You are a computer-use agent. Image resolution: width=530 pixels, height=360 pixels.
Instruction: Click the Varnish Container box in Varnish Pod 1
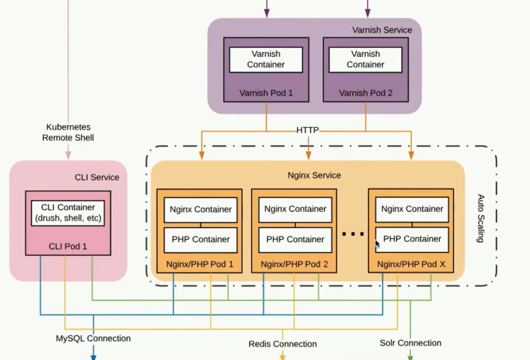(x=266, y=60)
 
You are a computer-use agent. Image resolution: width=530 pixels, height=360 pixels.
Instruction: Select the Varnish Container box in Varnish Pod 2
(x=365, y=60)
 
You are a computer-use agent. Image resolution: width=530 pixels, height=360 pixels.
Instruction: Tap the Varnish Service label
(x=382, y=30)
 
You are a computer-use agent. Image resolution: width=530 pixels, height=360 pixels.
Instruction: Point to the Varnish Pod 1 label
(x=266, y=93)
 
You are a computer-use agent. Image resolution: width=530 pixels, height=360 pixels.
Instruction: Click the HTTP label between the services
(x=307, y=130)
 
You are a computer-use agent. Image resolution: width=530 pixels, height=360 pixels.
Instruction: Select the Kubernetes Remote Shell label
(x=68, y=132)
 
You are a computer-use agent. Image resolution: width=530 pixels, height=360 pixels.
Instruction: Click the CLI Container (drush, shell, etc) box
(x=68, y=213)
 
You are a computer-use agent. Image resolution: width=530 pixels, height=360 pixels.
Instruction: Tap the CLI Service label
(x=97, y=177)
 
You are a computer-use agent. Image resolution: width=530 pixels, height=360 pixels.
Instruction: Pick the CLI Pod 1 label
(x=68, y=246)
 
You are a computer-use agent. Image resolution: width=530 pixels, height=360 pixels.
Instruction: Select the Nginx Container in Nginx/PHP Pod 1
(x=200, y=209)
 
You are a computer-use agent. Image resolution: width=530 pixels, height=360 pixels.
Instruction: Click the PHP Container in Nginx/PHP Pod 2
(x=295, y=239)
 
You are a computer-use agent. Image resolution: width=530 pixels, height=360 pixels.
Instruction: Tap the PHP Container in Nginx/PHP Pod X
(x=412, y=239)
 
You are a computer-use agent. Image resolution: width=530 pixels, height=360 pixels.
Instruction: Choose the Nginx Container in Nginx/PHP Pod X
(x=412, y=209)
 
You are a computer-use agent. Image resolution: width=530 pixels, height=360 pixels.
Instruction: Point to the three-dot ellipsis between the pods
(x=353, y=233)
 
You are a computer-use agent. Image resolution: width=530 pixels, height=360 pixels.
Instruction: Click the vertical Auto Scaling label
(x=480, y=218)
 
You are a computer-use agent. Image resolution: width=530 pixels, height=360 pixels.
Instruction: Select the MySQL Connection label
(x=93, y=338)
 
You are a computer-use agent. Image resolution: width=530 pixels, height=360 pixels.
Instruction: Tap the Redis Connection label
(x=283, y=344)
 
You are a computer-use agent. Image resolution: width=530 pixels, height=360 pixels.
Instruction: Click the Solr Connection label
(x=410, y=343)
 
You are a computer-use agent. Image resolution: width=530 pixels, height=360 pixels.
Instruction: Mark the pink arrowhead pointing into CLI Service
(x=68, y=156)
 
